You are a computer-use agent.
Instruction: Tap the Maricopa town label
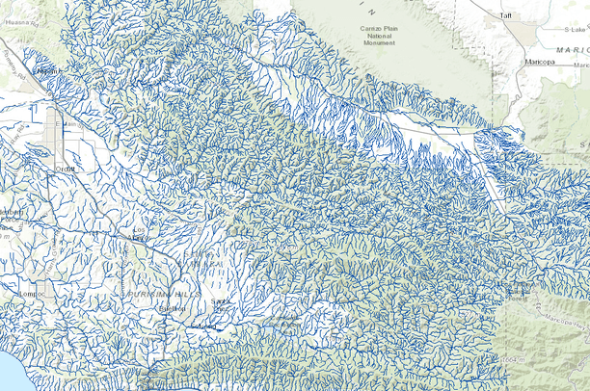(540, 62)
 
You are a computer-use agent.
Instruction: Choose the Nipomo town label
(45, 71)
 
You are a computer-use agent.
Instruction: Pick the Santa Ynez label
(222, 305)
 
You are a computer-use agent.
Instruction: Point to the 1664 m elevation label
(510, 358)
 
